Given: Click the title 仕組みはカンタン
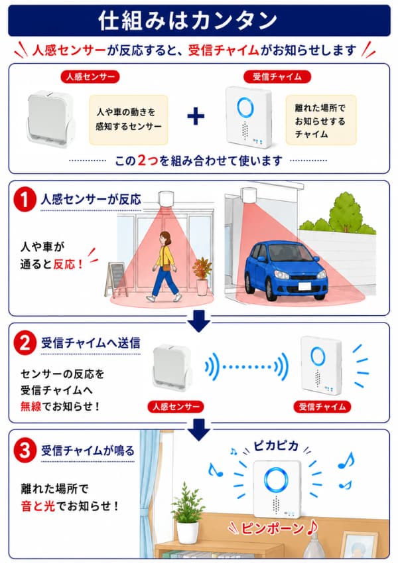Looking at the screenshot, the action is click(187, 21).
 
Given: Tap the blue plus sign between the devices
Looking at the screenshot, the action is click(196, 116).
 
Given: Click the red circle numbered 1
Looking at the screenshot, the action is click(25, 200).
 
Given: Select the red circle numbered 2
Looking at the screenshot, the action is click(25, 343).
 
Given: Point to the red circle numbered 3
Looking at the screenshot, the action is click(25, 451).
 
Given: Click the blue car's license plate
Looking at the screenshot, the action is click(304, 287).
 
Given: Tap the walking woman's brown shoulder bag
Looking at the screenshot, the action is click(166, 267).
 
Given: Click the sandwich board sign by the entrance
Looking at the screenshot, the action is click(116, 279).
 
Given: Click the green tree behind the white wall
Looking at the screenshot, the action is click(344, 212).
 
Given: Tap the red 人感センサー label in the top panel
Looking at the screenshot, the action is click(90, 76).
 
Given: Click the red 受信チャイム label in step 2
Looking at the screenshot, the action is click(322, 407).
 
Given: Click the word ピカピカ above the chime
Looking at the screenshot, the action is click(276, 446).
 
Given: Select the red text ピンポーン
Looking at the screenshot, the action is click(272, 528).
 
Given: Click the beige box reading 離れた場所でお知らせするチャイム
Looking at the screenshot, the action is click(320, 120).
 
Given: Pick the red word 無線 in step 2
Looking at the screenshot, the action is click(31, 407).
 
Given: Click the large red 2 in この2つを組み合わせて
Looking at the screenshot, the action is click(142, 161).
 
